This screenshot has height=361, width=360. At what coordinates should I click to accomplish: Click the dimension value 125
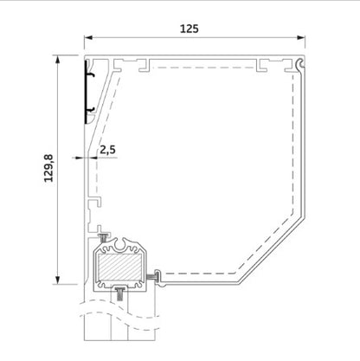pyautogui.click(x=190, y=28)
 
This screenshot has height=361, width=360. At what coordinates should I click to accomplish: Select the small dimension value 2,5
pyautogui.click(x=107, y=150)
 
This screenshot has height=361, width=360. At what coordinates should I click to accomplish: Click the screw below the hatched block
pyautogui.click(x=119, y=295)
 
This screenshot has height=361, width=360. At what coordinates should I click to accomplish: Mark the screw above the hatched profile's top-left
pyautogui.click(x=104, y=238)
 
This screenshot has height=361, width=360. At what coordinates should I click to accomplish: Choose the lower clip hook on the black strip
pyautogui.click(x=90, y=109)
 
